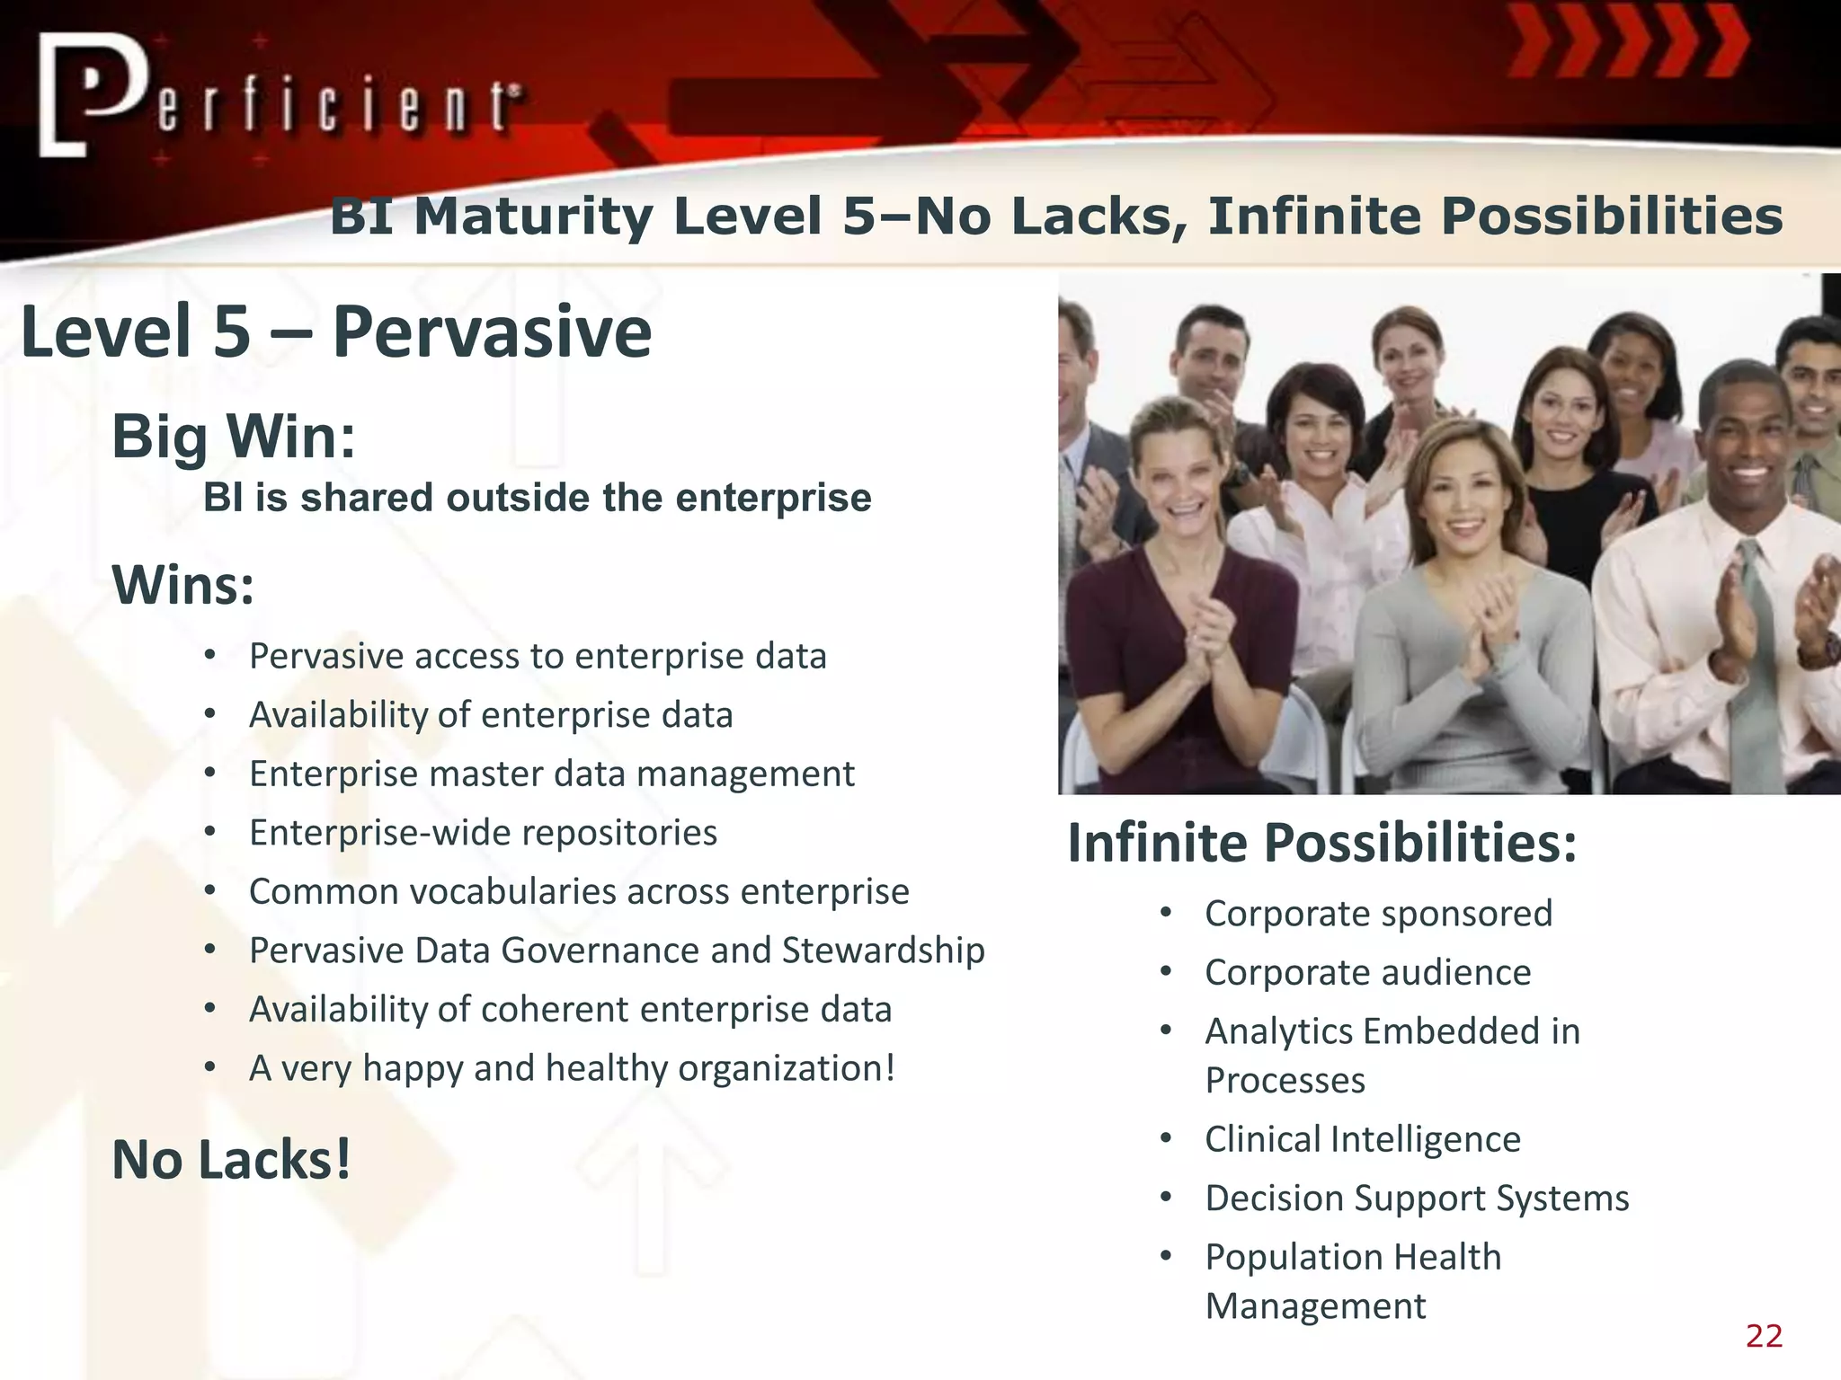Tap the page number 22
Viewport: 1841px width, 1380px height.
tap(1764, 1336)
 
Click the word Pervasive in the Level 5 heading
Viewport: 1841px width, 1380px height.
tap(492, 332)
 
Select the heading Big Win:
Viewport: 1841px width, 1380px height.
tap(234, 437)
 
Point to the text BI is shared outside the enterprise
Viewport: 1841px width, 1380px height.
tap(537, 498)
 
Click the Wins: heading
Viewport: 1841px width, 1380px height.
tap(182, 585)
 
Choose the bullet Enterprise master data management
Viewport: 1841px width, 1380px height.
tap(551, 774)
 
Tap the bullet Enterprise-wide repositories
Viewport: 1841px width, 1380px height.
tap(483, 833)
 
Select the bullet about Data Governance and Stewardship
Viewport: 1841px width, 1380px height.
tap(617, 951)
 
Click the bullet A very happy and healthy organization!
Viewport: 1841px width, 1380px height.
tap(572, 1068)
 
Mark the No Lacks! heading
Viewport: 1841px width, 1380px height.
tap(231, 1160)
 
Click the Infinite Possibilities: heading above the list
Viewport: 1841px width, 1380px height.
tap(1321, 844)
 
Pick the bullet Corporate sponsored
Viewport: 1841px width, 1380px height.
tap(1378, 914)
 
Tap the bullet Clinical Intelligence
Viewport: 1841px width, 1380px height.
tap(1362, 1139)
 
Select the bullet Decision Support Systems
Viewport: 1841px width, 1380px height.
tap(1417, 1199)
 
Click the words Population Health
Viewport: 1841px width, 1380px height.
tap(1353, 1257)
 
